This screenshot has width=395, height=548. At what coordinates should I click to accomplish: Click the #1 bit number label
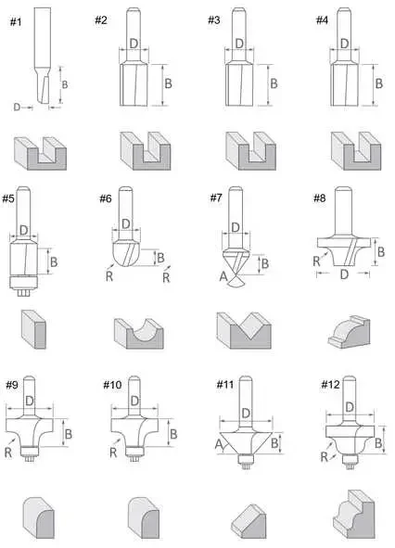pyautogui.click(x=16, y=22)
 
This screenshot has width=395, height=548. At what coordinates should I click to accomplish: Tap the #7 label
pyautogui.click(x=216, y=198)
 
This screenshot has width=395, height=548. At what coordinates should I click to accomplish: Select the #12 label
pyautogui.click(x=330, y=385)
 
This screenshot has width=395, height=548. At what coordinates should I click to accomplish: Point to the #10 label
pyautogui.click(x=112, y=385)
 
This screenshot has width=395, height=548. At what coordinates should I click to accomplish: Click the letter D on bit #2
pyautogui.click(x=134, y=44)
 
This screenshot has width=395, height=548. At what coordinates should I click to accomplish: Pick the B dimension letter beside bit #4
pyautogui.click(x=379, y=83)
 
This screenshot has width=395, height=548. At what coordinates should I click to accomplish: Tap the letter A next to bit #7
pyautogui.click(x=223, y=277)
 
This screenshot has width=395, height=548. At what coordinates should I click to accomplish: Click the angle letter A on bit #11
pyautogui.click(x=219, y=444)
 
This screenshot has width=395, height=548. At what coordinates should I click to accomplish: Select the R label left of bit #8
pyautogui.click(x=316, y=261)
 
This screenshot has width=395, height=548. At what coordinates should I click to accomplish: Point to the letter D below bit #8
pyautogui.click(x=344, y=274)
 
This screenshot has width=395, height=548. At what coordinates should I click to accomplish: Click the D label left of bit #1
pyautogui.click(x=17, y=107)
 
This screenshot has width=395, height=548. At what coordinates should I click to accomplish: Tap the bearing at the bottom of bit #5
pyautogui.click(x=23, y=283)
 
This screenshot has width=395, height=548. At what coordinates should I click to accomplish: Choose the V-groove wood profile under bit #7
pyautogui.click(x=244, y=331)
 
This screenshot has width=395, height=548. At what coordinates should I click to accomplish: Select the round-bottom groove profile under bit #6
pyautogui.click(x=139, y=334)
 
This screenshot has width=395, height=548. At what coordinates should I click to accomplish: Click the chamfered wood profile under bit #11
pyautogui.click(x=248, y=521)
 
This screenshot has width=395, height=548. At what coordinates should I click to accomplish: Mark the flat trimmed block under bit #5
pyautogui.click(x=33, y=329)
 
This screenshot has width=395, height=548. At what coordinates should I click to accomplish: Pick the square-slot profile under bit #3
pyautogui.click(x=250, y=151)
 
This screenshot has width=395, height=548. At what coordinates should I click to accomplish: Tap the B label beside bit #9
pyautogui.click(x=69, y=434)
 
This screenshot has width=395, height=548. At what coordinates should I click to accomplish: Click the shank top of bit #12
pyautogui.click(x=350, y=378)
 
